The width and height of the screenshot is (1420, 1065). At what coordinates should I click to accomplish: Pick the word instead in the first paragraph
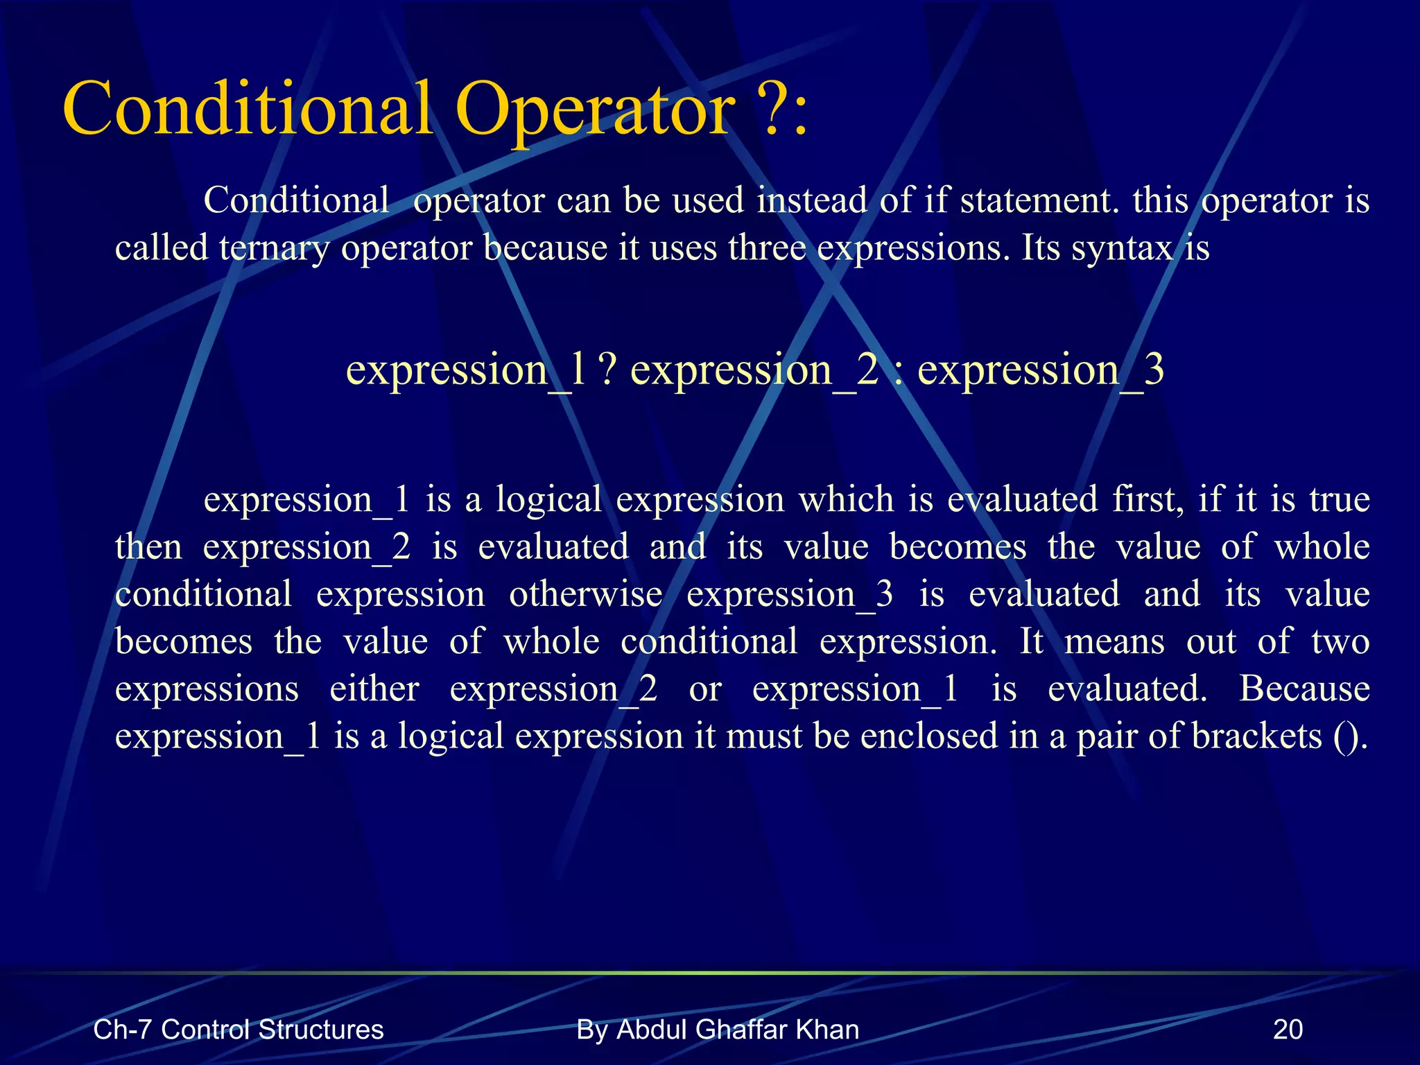pyautogui.click(x=812, y=200)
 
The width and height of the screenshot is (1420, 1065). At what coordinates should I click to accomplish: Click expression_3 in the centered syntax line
pyautogui.click(x=1040, y=370)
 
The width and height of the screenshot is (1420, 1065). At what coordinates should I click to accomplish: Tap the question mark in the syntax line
pyautogui.click(x=607, y=370)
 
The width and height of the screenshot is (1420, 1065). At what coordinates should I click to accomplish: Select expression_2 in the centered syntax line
pyautogui.click(x=754, y=370)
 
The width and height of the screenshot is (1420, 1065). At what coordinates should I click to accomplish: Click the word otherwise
pyautogui.click(x=586, y=594)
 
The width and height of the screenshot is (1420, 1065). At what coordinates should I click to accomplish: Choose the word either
pyautogui.click(x=374, y=689)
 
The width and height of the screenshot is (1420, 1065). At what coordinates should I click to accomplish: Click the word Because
pyautogui.click(x=1304, y=689)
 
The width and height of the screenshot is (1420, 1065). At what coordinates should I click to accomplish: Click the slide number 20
pyautogui.click(x=1288, y=1030)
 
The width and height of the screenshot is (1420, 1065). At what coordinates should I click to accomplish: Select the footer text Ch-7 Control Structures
pyautogui.click(x=238, y=1030)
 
